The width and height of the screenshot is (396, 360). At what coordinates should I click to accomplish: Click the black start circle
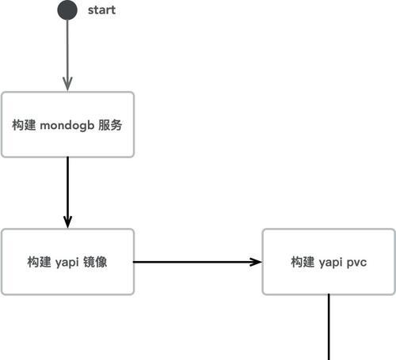tap(67, 10)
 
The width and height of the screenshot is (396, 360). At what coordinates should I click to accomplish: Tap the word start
tap(101, 10)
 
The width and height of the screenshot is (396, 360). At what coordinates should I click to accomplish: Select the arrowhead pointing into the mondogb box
tap(68, 84)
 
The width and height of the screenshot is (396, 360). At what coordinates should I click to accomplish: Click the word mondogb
tap(67, 125)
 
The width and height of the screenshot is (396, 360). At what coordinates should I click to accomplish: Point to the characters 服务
tap(110, 125)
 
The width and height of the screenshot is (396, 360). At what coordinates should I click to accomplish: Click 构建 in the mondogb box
tap(24, 125)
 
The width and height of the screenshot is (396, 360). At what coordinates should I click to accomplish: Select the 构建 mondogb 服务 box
tap(67, 124)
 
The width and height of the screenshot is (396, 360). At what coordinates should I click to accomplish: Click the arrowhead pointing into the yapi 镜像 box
tap(68, 222)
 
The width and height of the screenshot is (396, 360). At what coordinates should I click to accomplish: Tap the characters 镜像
tap(95, 262)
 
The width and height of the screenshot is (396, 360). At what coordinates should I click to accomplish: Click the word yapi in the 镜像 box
tap(67, 263)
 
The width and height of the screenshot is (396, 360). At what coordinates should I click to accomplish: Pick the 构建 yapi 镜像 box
tap(67, 262)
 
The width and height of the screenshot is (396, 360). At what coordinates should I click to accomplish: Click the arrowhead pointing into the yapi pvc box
tap(256, 262)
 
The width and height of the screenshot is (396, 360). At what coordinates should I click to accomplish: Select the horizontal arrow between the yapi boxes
tap(197, 262)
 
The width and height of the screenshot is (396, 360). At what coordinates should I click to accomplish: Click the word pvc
tap(356, 263)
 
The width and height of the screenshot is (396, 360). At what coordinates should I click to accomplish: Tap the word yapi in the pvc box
tap(330, 263)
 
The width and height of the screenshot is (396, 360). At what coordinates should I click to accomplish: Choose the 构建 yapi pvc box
tap(329, 262)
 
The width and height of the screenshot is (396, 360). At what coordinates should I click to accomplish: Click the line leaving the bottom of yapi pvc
tap(329, 327)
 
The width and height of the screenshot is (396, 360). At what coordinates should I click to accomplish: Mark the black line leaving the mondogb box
tap(68, 192)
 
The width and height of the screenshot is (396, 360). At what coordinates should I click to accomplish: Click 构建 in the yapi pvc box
tap(303, 262)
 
